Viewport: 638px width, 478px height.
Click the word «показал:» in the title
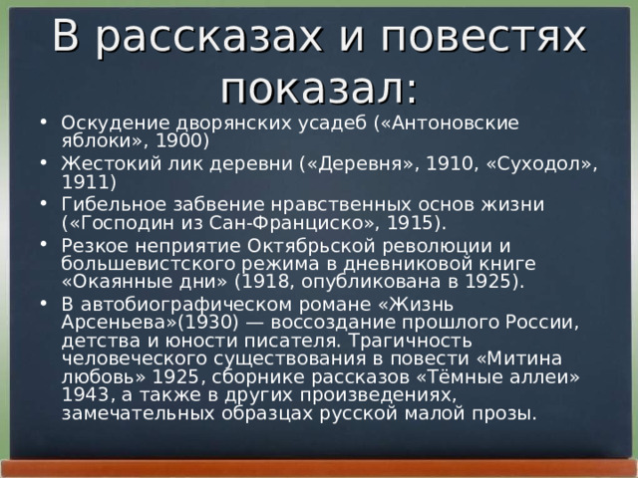(x=319, y=85)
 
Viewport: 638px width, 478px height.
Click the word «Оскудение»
(x=110, y=121)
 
